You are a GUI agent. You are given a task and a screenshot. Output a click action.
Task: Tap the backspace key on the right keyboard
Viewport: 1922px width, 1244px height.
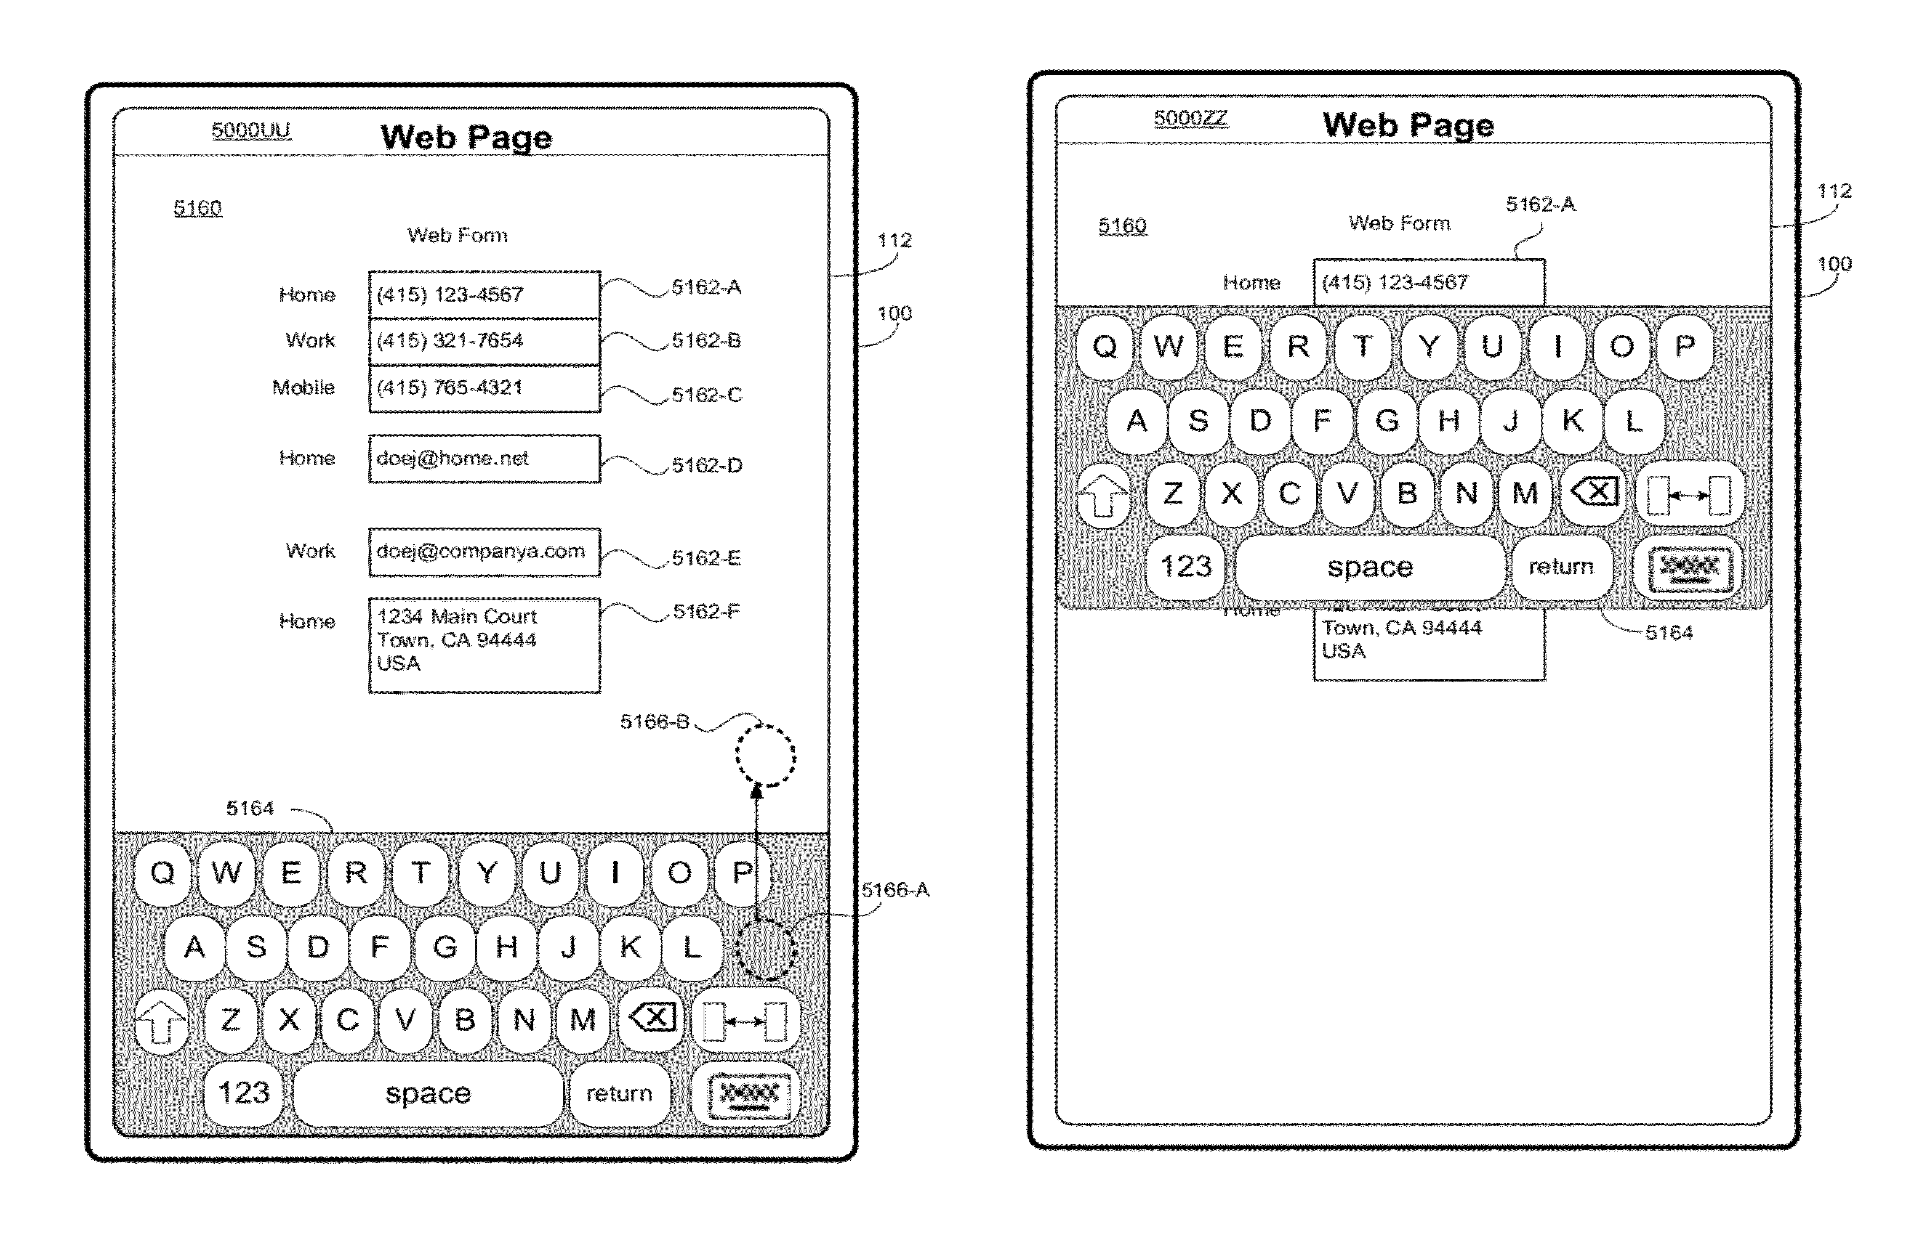tap(1592, 493)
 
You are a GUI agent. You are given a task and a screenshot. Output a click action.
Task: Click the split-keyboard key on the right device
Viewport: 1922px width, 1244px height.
tap(1689, 494)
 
